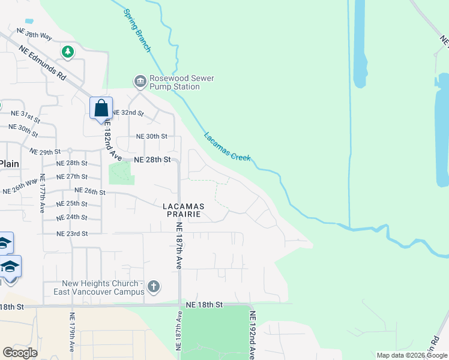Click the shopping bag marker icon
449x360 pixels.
click(x=101, y=109)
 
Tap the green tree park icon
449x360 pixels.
click(x=68, y=52)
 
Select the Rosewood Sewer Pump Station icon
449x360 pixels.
click(x=140, y=81)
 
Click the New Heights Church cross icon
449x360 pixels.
click(x=153, y=286)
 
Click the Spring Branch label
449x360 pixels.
click(x=137, y=30)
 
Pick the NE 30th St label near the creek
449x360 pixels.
click(x=152, y=136)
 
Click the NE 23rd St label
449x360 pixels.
click(x=71, y=233)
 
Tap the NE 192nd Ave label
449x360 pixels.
click(x=253, y=335)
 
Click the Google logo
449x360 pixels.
click(x=20, y=352)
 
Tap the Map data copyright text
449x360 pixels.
click(x=412, y=355)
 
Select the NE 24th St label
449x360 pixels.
click(x=71, y=217)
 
